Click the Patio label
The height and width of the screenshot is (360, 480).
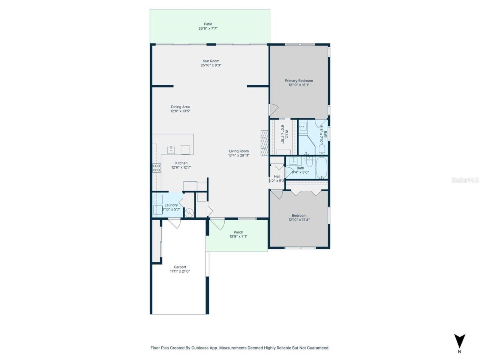[x=208, y=24]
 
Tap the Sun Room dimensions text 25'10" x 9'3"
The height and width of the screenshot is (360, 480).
[x=211, y=65]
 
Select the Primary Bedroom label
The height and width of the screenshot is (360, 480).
[x=299, y=81]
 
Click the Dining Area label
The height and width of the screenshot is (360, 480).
[x=180, y=107]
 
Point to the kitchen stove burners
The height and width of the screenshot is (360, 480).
[x=156, y=168]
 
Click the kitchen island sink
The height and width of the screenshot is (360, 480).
[x=171, y=150]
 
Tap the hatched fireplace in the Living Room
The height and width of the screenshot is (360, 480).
[x=265, y=142]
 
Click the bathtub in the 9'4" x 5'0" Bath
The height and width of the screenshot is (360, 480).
[x=322, y=168]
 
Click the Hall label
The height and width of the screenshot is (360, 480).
[x=277, y=176]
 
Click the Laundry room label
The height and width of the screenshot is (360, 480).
[x=171, y=205]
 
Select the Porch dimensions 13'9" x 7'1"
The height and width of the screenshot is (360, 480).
[x=238, y=236]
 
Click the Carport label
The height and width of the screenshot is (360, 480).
[x=180, y=267]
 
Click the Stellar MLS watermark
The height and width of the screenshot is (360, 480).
[x=465, y=180]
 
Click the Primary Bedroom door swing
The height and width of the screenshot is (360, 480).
[x=273, y=109]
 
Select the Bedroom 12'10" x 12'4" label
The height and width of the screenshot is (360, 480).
[x=299, y=216]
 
